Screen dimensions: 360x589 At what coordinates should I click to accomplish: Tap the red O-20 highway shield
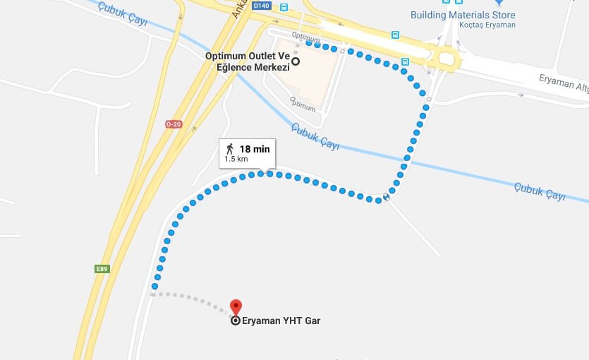click(173, 124)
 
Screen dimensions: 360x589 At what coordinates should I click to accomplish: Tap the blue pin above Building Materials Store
click(498, 3)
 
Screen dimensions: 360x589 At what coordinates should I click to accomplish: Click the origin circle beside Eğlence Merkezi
click(296, 61)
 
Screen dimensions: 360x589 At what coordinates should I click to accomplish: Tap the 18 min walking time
click(255, 149)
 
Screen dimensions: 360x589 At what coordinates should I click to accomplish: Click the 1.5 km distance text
click(236, 160)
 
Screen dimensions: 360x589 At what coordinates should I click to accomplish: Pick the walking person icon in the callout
click(230, 148)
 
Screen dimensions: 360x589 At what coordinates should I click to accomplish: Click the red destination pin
click(236, 307)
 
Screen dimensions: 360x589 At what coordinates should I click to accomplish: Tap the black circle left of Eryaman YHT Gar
click(236, 320)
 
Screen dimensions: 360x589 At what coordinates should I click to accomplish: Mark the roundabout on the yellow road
click(446, 59)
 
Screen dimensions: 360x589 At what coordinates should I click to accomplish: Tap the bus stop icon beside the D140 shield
click(284, 8)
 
